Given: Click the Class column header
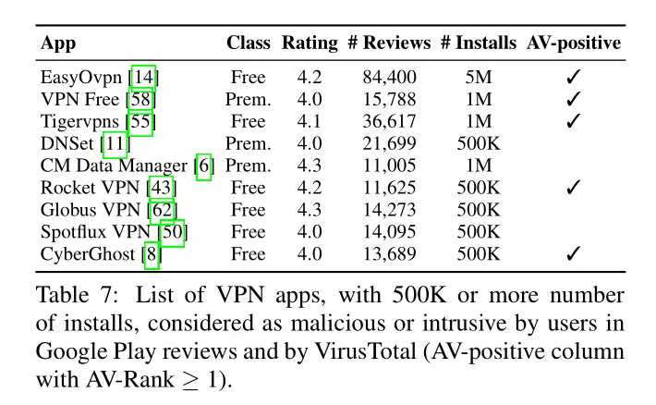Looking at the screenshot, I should (x=249, y=43).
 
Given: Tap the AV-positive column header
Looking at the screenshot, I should (x=573, y=43).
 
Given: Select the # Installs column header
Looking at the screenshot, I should (x=478, y=43).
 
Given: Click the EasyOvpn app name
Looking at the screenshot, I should (x=83, y=77).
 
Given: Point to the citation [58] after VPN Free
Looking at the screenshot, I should (x=142, y=99).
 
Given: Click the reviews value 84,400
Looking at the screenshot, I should (x=389, y=77).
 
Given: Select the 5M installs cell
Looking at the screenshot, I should (x=478, y=77).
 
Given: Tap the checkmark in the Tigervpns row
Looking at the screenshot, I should (x=573, y=121).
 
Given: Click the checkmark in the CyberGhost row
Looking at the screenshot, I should (x=573, y=254).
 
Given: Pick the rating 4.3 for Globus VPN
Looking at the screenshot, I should (x=310, y=210).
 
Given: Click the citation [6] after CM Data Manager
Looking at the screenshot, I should (x=203, y=166).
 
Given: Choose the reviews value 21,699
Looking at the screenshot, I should (x=389, y=143).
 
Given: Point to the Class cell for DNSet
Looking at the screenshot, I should (x=249, y=143).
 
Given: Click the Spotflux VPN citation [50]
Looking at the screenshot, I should (x=172, y=232).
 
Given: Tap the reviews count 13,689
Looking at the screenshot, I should (x=389, y=254).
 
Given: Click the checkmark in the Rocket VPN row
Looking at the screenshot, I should (x=573, y=188).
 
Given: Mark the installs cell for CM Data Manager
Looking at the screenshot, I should (x=478, y=166).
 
